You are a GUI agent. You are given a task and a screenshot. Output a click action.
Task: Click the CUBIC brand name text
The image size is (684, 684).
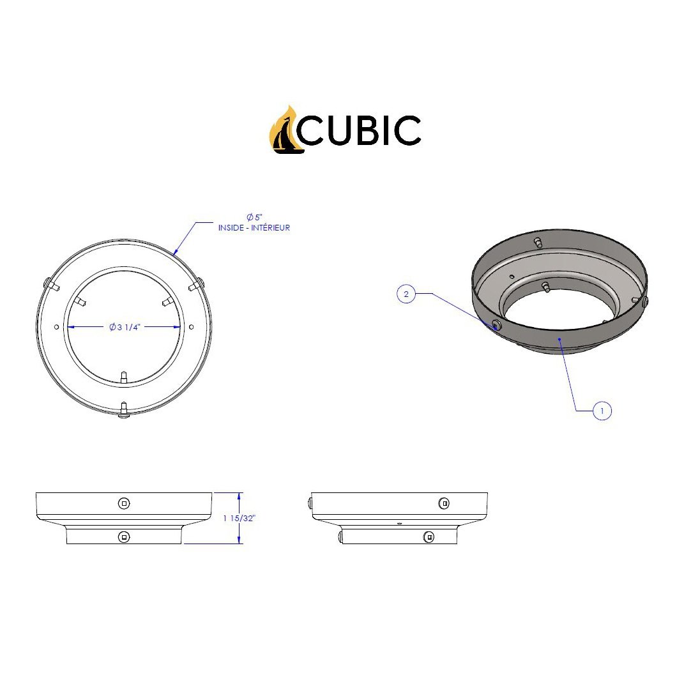tap(359, 130)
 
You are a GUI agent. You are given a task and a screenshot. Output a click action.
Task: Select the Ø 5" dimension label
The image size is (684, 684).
tap(254, 217)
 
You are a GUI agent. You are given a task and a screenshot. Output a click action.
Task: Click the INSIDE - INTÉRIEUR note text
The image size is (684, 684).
tap(254, 228)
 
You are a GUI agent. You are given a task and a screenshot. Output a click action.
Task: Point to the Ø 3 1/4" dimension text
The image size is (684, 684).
tap(124, 327)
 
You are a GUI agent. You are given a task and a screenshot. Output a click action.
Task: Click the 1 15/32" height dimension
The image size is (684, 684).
tap(239, 518)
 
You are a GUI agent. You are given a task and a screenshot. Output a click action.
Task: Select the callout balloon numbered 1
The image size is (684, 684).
tap(602, 411)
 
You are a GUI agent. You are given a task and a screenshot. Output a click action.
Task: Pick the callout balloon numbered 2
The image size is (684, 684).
tap(406, 294)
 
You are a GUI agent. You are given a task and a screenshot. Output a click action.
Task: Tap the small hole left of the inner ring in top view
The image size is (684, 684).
tap(56, 327)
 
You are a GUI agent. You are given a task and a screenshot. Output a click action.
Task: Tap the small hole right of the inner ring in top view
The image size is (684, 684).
tap(191, 327)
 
